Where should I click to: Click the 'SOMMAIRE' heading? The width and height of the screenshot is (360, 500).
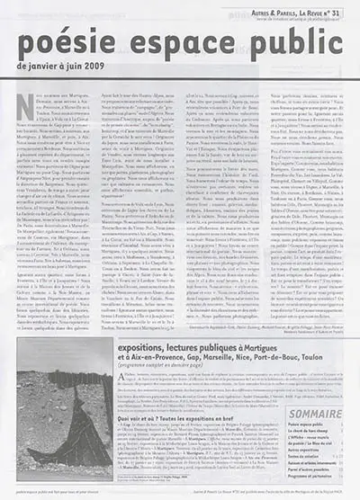(x=316, y=415)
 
